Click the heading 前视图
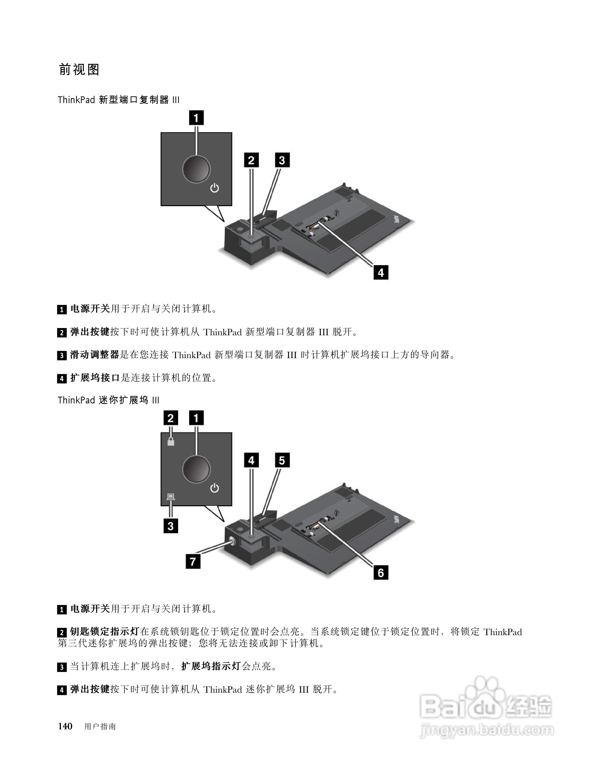[79, 70]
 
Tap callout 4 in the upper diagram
[381, 272]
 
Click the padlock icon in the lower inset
[171, 441]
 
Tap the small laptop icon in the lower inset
[171, 496]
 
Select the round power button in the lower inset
[196, 469]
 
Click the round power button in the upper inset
[196, 169]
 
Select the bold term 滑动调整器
[95, 355]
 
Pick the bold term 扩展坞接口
[95, 378]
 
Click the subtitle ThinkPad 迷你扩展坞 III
[108, 400]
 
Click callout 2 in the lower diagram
[171, 418]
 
